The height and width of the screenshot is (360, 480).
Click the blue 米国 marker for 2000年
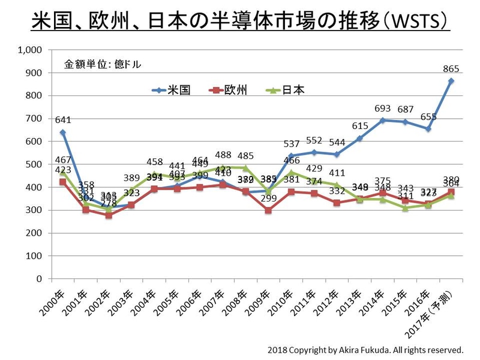[62, 132]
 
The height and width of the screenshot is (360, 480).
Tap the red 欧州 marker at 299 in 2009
[268, 211]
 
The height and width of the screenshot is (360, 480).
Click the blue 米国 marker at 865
[451, 81]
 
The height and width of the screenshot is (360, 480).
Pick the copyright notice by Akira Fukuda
[365, 349]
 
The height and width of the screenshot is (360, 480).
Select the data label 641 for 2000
[62, 119]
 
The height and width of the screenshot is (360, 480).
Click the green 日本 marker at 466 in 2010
[291, 172]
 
